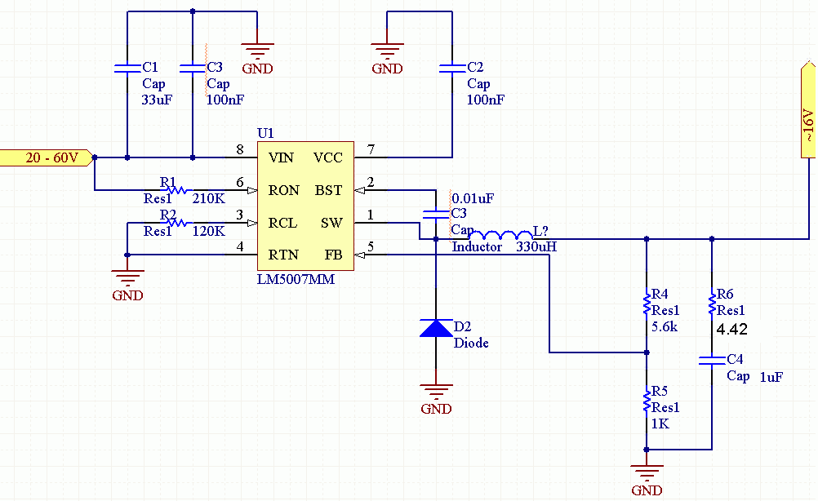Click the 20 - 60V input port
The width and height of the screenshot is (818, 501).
click(47, 157)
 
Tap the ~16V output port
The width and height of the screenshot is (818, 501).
click(808, 109)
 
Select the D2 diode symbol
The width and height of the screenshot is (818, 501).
click(436, 328)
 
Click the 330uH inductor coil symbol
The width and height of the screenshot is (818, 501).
click(500, 236)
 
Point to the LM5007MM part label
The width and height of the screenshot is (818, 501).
click(296, 279)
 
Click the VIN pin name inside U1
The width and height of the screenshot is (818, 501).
click(281, 157)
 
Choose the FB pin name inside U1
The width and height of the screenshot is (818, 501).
click(333, 255)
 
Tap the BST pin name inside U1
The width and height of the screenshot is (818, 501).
click(328, 190)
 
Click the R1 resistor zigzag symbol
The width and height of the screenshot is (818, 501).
click(177, 190)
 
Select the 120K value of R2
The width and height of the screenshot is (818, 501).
click(209, 231)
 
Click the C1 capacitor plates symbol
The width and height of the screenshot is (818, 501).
click(127, 68)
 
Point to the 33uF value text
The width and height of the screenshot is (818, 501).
click(157, 100)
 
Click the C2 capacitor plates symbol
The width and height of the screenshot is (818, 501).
click(452, 68)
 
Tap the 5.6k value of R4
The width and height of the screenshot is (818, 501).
click(664, 327)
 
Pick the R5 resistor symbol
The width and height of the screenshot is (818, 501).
click(647, 401)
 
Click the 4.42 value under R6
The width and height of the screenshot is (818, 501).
click(732, 329)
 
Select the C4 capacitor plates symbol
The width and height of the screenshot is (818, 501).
click(712, 360)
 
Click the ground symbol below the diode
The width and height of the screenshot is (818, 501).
click(436, 390)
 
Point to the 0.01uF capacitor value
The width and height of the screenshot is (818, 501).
click(473, 198)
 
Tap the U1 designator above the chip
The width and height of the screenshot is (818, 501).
click(265, 133)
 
